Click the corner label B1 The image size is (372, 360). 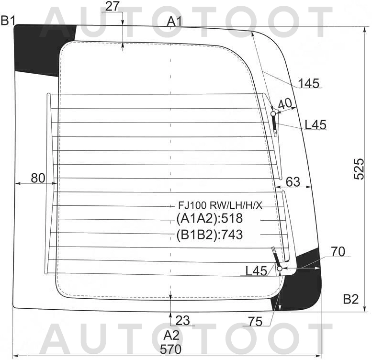[x=8, y=21]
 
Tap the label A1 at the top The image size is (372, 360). [x=175, y=22]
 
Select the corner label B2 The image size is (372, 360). [x=350, y=299]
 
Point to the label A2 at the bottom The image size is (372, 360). [x=171, y=336]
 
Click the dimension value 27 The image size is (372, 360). [x=112, y=6]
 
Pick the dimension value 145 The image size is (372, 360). [x=309, y=83]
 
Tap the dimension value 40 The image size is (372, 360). [x=285, y=103]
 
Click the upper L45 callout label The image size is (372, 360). [x=316, y=124]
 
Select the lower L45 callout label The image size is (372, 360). [x=256, y=270]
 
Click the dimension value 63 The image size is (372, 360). [x=293, y=182]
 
